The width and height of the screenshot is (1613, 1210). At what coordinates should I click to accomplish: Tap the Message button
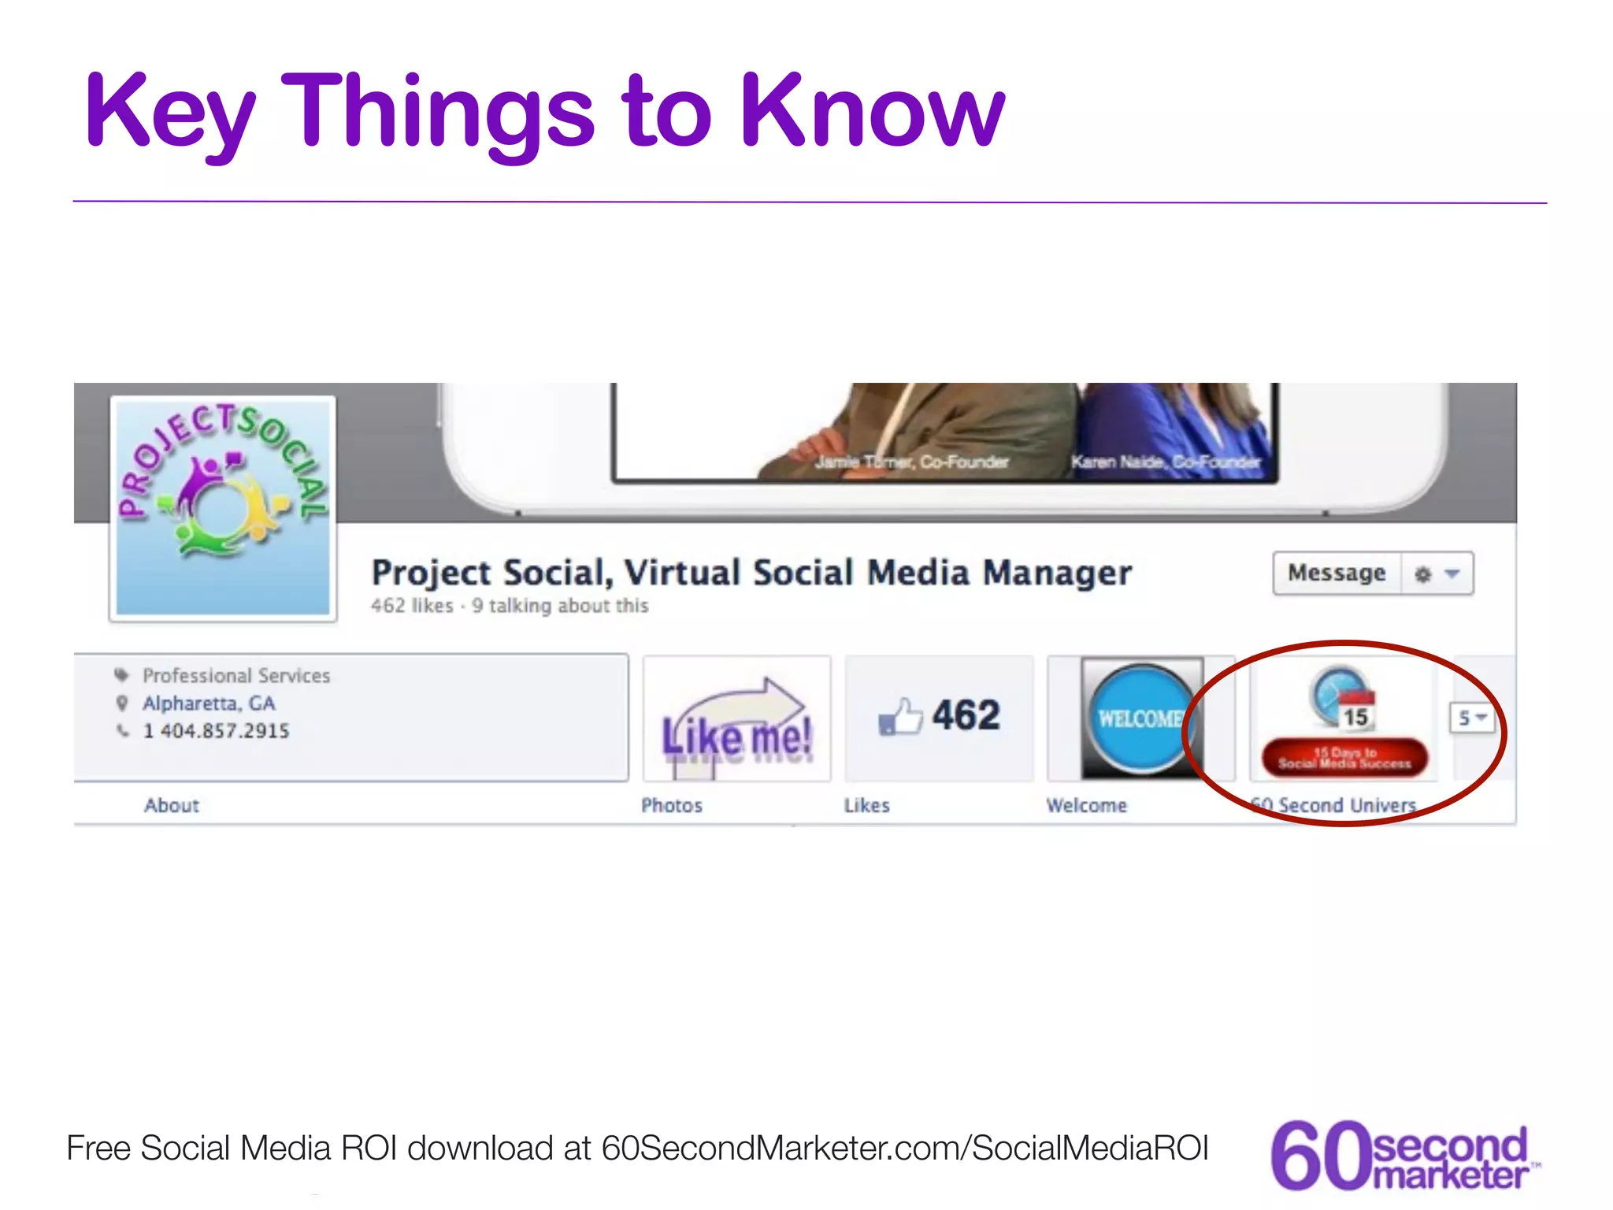click(1337, 573)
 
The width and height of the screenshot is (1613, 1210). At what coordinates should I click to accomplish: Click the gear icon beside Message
click(1422, 574)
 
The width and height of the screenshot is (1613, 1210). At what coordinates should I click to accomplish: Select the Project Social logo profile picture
click(223, 507)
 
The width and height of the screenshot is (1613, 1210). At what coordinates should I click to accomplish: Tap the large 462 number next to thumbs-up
click(966, 715)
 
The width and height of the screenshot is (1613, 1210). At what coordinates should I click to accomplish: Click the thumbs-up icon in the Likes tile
click(899, 717)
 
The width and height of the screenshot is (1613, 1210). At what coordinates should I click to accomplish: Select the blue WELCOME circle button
click(1140, 718)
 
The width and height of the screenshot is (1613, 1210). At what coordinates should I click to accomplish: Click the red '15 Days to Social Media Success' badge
click(1344, 758)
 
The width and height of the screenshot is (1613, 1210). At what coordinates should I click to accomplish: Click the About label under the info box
click(172, 805)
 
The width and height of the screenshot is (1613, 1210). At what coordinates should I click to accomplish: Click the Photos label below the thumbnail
click(671, 805)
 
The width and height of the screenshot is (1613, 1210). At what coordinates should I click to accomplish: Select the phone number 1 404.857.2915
click(216, 731)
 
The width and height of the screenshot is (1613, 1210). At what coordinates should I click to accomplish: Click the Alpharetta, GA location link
click(209, 703)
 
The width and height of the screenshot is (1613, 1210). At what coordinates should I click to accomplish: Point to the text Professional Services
click(236, 676)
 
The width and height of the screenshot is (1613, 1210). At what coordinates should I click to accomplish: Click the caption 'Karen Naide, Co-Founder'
click(1166, 462)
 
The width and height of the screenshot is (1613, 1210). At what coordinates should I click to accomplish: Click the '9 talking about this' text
click(560, 606)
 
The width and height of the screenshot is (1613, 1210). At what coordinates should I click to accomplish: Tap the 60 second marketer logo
click(1402, 1155)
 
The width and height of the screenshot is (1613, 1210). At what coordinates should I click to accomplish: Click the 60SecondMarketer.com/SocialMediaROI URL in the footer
click(905, 1148)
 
